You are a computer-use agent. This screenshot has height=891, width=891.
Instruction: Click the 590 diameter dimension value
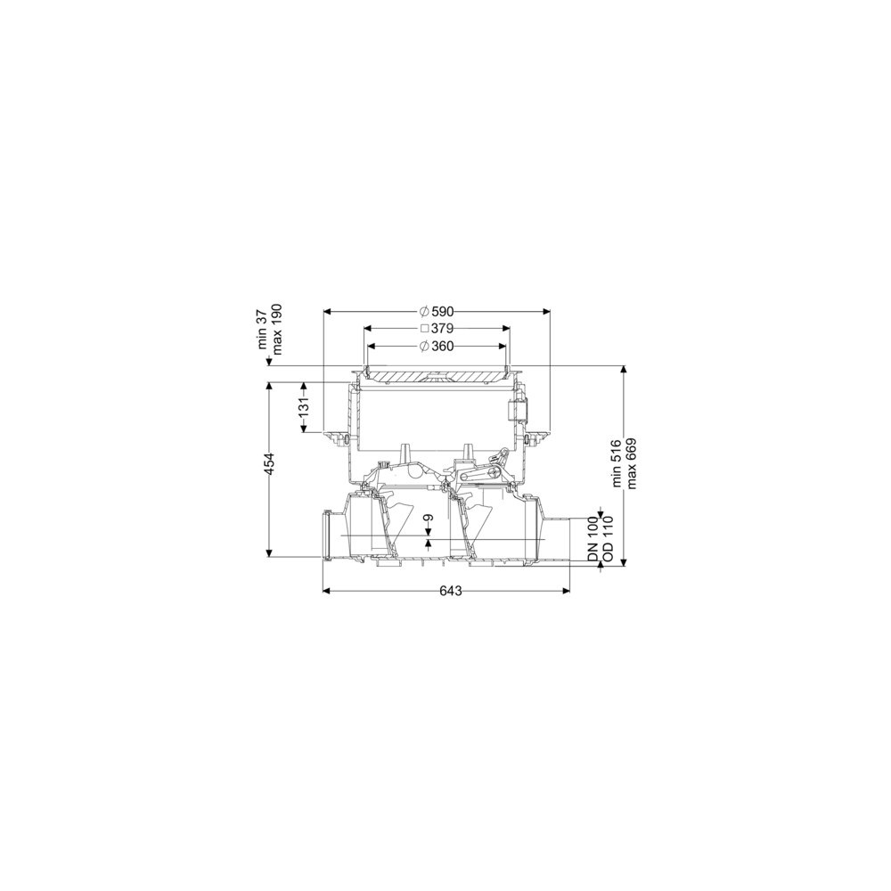tap(443, 311)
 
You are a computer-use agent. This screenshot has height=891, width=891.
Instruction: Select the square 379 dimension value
tap(442, 329)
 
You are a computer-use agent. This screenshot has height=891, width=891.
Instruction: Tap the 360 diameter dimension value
tap(443, 346)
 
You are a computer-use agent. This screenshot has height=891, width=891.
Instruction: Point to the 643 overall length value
tap(451, 591)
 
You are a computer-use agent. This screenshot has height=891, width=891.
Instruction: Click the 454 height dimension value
tap(270, 463)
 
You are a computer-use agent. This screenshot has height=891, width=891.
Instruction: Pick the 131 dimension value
tap(304, 407)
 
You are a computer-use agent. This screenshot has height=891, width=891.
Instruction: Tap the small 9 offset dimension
tap(429, 518)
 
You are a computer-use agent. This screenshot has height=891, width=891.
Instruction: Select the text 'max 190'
tap(277, 329)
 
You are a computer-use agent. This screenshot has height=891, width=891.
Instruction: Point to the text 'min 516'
tap(617, 462)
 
